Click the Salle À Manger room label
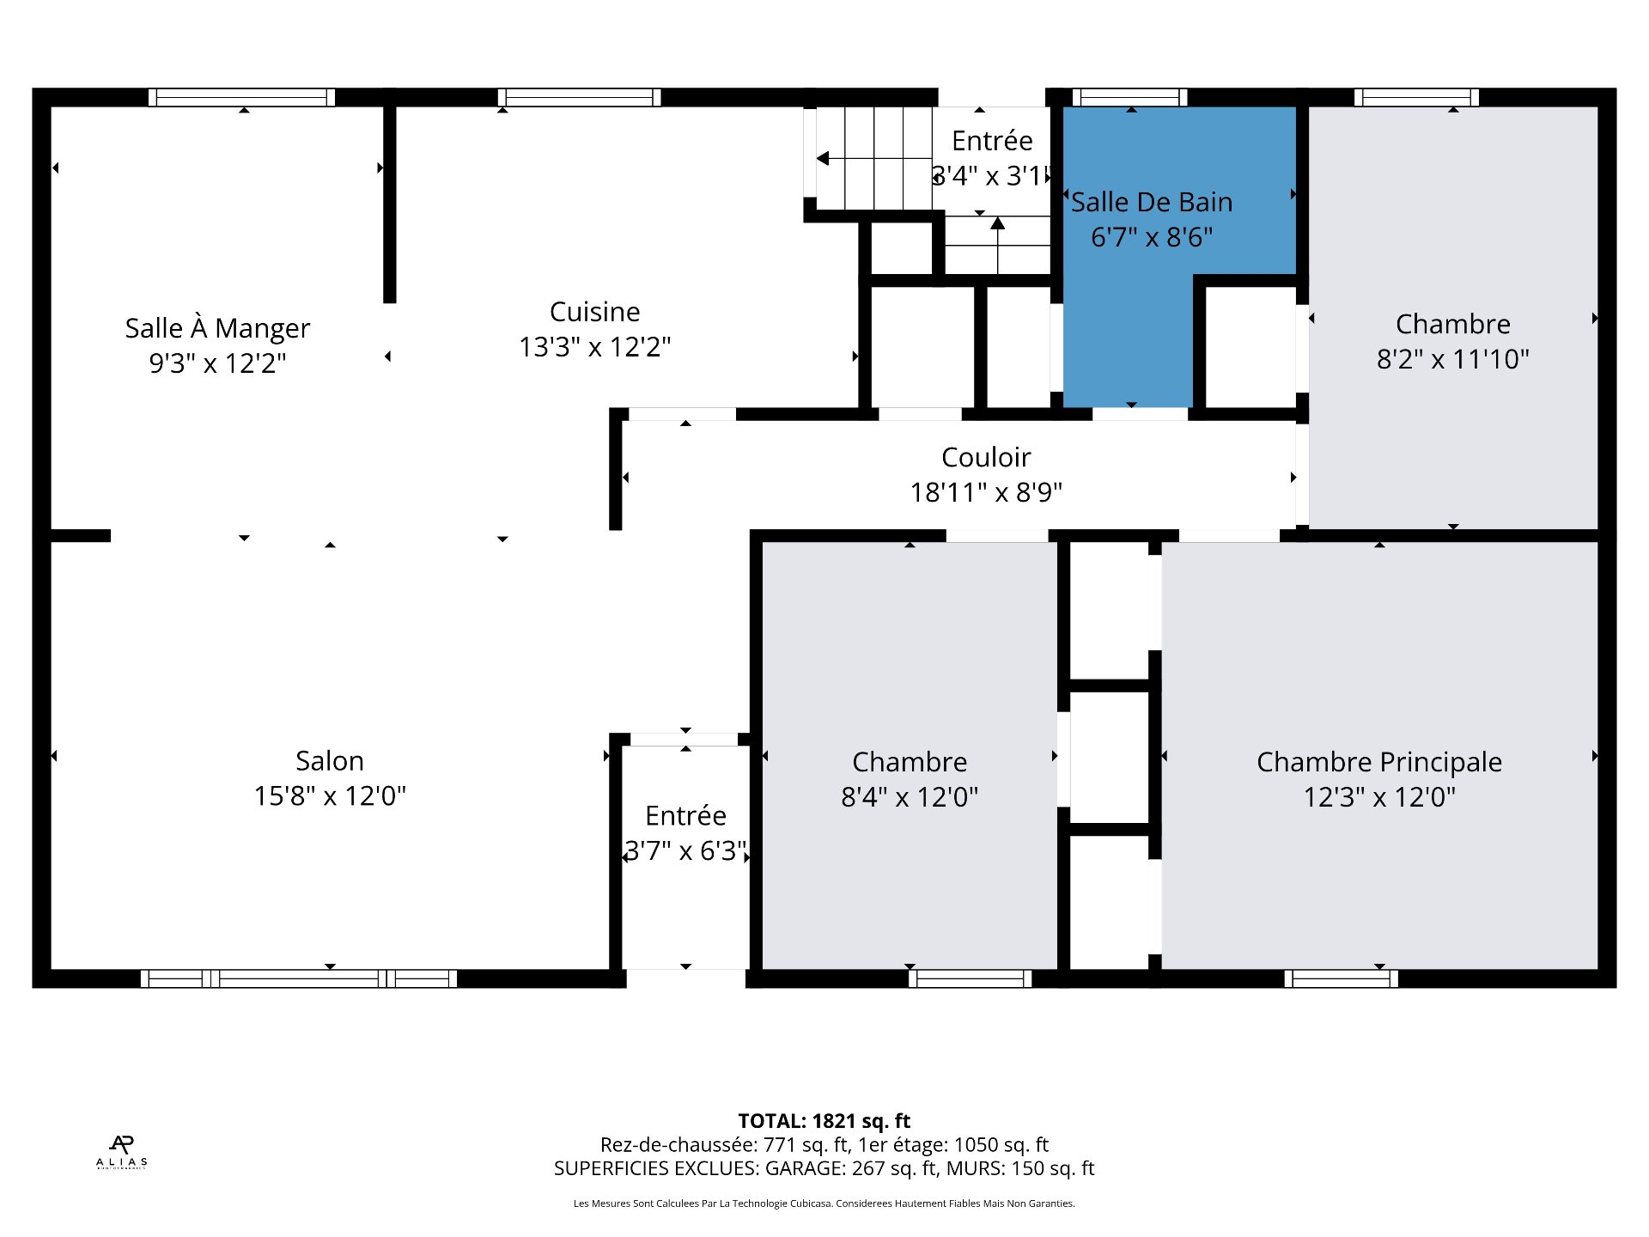217,328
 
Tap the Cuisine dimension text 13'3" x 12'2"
594,347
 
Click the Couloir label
986,457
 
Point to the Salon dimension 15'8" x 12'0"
330,796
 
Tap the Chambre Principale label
1379,762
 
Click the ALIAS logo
121,1152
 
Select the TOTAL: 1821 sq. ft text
824,1121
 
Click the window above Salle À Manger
241,97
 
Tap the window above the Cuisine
579,97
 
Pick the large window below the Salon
299,978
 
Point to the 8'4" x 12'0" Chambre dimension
910,797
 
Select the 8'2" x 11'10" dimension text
1453,359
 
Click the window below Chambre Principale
1342,978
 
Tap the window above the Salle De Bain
1129,97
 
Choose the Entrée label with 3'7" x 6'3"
685,815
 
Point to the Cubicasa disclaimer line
824,1203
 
